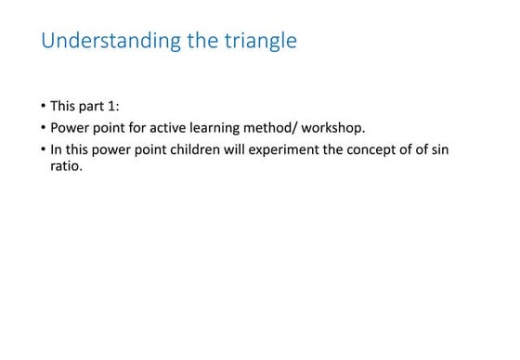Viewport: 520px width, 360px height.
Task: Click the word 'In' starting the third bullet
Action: (x=56, y=149)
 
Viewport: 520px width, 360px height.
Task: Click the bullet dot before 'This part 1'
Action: (x=43, y=106)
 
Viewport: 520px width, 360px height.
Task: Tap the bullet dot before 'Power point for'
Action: (x=43, y=127)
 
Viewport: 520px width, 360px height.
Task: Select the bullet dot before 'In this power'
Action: (x=43, y=149)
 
